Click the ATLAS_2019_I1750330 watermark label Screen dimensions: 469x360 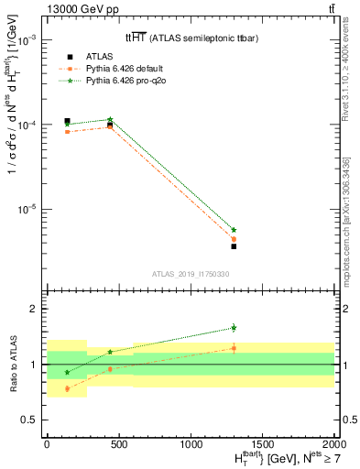click(190, 273)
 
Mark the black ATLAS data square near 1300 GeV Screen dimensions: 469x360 click(234, 246)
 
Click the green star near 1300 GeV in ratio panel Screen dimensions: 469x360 click(234, 327)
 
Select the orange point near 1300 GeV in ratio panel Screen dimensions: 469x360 click(234, 348)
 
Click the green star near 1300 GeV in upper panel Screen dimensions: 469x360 click(234, 230)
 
